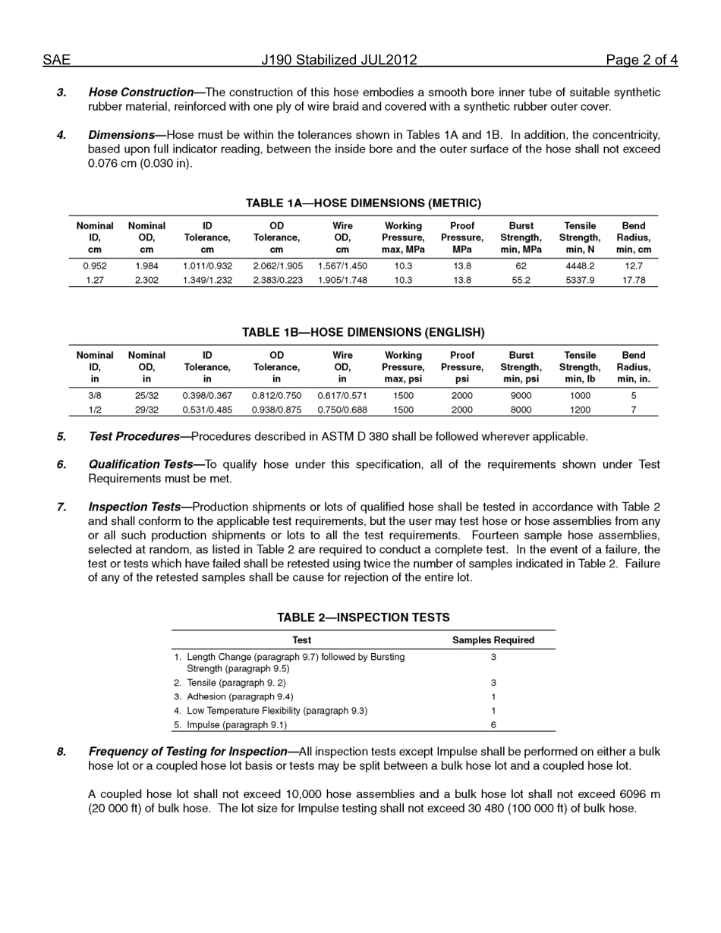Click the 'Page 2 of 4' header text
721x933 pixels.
pos(641,60)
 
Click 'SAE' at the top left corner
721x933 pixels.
pos(56,60)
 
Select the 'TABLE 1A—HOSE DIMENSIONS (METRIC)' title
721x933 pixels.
pos(363,203)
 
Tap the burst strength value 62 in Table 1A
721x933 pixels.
pos(521,266)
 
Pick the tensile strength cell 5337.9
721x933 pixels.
pos(580,280)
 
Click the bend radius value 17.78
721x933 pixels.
pos(634,280)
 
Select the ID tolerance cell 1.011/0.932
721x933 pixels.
pos(207,266)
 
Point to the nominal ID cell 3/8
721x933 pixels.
pos(95,395)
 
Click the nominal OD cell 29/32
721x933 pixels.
pos(146,410)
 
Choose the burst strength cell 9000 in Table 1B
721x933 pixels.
pos(521,395)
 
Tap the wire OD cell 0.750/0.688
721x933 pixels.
pos(342,410)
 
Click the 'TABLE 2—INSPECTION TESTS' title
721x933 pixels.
pos(363,617)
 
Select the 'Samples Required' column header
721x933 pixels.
pos(493,640)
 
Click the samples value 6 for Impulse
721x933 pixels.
pos(493,725)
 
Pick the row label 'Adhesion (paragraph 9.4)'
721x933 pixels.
pos(240,696)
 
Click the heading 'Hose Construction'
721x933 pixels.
pos(141,93)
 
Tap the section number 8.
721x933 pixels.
pos(61,752)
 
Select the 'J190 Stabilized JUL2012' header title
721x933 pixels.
pos(339,60)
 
